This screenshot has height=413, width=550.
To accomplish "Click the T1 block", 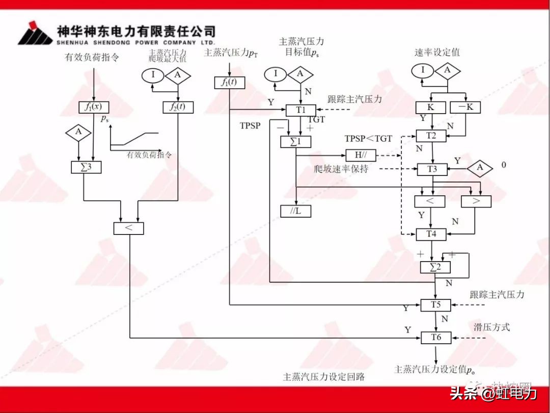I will (x=300, y=110).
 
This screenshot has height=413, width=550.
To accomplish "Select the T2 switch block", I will (x=431, y=136).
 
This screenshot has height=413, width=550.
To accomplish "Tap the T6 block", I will (x=436, y=337).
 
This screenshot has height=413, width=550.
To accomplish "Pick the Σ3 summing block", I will (x=87, y=167).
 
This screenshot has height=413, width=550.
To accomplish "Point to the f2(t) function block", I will (x=178, y=107).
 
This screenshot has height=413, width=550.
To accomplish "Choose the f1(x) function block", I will (x=94, y=107).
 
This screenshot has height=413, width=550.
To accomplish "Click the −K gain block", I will (x=465, y=108).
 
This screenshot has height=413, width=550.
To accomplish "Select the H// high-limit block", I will (x=361, y=155).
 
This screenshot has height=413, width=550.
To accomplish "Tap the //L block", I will (x=295, y=211).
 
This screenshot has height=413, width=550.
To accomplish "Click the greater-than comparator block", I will (x=476, y=201).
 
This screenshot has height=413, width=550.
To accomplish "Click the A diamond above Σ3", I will (x=78, y=132).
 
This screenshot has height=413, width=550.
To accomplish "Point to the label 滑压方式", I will (x=491, y=327).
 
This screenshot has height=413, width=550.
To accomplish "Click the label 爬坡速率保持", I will (x=341, y=169).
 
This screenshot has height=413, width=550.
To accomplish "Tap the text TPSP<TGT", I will (x=368, y=139).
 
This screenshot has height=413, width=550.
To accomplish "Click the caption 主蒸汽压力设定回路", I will (x=324, y=377).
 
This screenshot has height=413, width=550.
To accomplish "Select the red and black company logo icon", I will (x=35, y=33).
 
